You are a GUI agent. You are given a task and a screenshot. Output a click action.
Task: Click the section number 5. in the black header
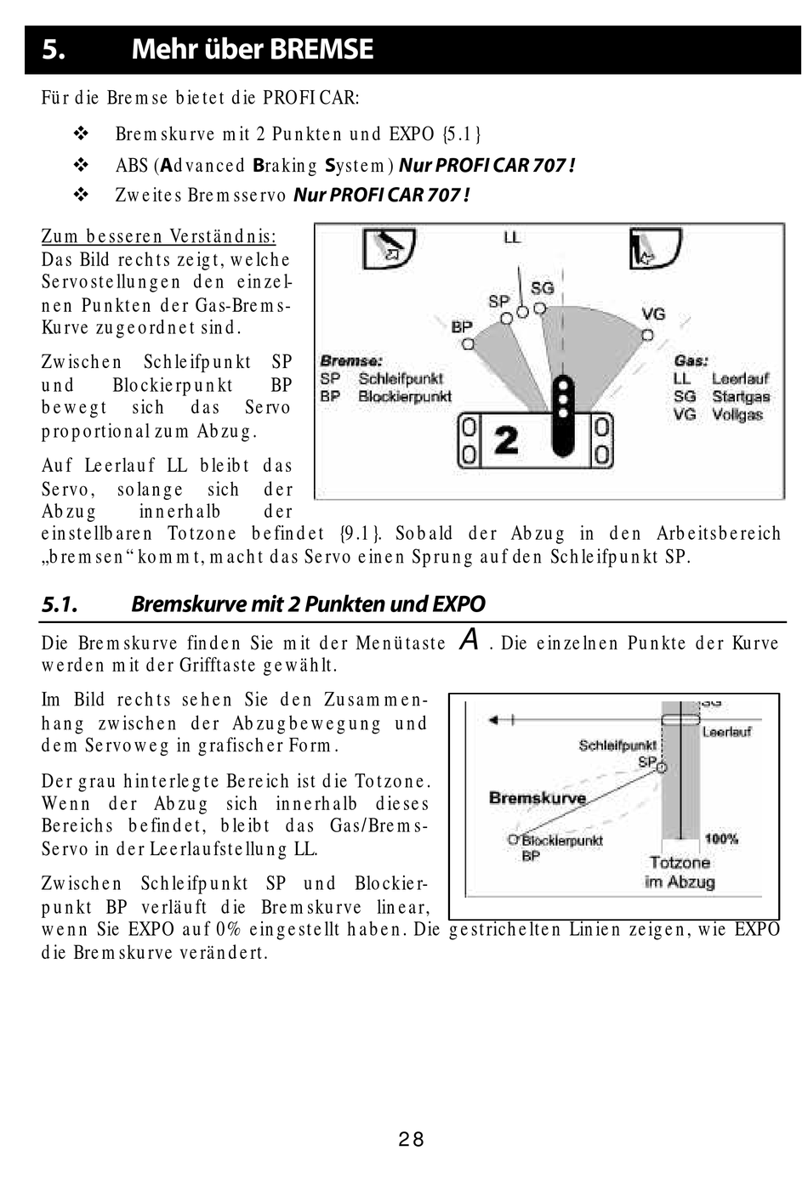click(54, 50)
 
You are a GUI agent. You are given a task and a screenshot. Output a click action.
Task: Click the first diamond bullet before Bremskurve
click(82, 134)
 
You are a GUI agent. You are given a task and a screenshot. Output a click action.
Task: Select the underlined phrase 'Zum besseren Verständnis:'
click(159, 237)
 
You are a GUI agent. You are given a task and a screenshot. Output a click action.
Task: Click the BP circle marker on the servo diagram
click(467, 344)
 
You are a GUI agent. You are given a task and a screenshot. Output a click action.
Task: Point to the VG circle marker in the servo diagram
click(647, 335)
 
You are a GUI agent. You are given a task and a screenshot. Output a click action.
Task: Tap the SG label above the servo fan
click(542, 289)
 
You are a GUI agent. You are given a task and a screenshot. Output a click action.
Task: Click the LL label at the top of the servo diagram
click(512, 238)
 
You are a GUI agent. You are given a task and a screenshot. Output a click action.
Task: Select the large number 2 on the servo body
click(506, 440)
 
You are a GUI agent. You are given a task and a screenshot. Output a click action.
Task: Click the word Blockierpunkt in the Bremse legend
click(405, 397)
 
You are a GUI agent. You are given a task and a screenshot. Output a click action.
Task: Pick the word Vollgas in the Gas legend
click(737, 415)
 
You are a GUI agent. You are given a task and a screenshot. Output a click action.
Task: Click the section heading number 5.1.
click(60, 604)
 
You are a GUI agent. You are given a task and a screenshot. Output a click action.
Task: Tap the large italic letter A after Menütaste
click(469, 639)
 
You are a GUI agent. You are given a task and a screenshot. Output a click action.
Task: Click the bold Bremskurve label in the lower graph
click(538, 798)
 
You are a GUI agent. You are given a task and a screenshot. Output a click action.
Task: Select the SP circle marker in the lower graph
click(662, 767)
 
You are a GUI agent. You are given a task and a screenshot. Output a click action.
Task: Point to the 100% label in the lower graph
click(721, 839)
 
